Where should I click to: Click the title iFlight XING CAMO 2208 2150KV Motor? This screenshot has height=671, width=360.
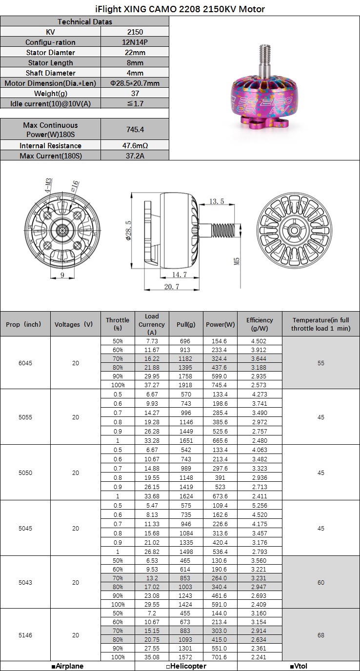[x=180, y=9]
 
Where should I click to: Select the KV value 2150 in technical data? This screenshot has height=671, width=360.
[x=135, y=32]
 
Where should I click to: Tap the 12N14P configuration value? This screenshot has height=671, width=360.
[x=135, y=42]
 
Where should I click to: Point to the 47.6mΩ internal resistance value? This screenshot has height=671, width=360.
[x=135, y=145]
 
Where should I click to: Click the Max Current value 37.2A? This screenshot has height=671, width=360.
[x=135, y=156]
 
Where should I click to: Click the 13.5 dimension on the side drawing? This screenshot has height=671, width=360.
[x=217, y=201]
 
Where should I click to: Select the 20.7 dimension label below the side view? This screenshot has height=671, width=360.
[x=171, y=287]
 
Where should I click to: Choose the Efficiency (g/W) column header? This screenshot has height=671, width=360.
[x=260, y=324]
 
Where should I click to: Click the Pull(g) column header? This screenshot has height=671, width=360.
[x=186, y=324]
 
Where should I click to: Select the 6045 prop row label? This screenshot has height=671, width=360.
[x=26, y=363]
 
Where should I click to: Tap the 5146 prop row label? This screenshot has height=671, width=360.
[x=26, y=635]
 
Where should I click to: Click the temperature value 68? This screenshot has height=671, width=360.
[x=321, y=635]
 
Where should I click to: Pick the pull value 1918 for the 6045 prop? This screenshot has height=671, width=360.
[x=186, y=385]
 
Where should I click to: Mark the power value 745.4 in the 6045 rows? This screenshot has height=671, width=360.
[x=220, y=385]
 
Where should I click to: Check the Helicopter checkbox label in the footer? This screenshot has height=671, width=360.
[x=186, y=666]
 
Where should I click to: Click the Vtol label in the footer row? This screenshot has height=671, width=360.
[x=299, y=666]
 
